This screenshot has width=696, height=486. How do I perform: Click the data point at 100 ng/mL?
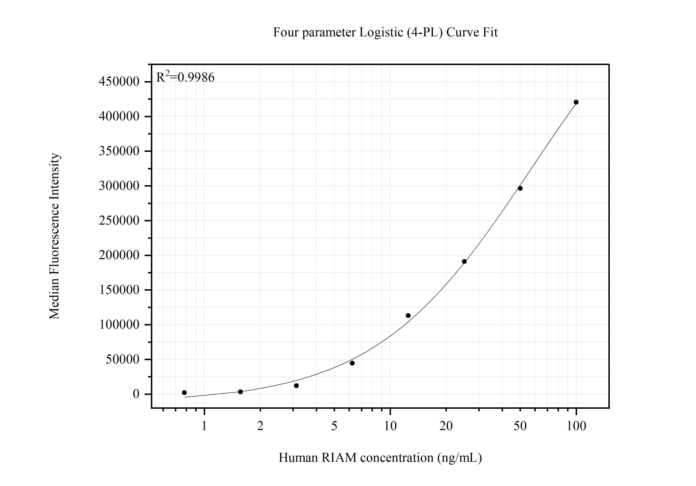click(576, 102)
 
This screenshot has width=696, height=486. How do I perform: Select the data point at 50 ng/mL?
click(520, 188)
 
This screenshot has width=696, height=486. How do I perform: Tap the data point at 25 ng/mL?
click(464, 261)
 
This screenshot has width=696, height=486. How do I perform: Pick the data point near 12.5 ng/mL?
click(408, 315)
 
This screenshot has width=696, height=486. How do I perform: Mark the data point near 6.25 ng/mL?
click(352, 363)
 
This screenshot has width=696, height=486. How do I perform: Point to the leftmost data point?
click(184, 392)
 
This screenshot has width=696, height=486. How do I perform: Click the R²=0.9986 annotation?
click(185, 78)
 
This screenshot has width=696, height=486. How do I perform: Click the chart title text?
click(385, 32)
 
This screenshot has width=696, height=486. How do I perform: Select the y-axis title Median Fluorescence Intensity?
click(54, 236)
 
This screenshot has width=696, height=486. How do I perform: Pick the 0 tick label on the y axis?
click(136, 394)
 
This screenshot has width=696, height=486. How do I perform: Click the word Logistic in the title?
click(381, 32)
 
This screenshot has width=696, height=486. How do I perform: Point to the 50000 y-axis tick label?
click(122, 359)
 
